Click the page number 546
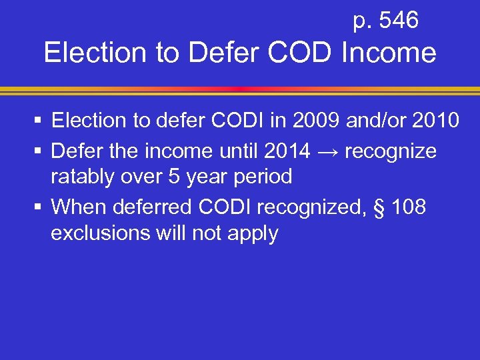click(x=398, y=21)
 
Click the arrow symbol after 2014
click(x=327, y=152)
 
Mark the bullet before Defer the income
click(x=41, y=152)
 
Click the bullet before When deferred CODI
click(x=41, y=208)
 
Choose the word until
click(x=234, y=151)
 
